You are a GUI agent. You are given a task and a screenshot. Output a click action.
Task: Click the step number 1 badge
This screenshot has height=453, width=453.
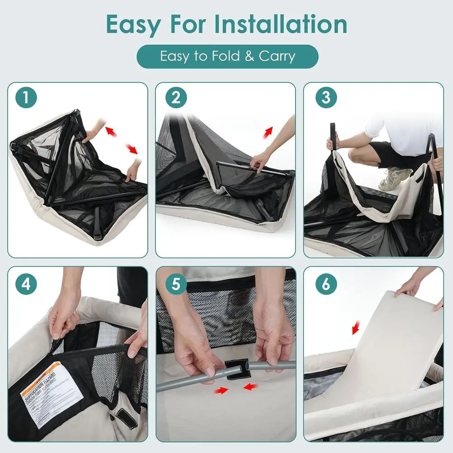27,99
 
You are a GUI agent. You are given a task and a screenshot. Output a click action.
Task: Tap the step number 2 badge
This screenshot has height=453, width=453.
176,99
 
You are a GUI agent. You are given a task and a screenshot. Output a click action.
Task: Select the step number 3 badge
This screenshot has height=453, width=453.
326,99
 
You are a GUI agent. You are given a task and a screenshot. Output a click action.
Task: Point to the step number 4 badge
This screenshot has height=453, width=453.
27,284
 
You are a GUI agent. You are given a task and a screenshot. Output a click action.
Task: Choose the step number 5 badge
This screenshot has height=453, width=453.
176,284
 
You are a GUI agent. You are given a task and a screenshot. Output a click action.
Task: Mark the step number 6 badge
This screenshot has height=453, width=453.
326,284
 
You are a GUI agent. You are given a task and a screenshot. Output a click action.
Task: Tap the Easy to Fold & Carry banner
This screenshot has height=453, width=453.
227,57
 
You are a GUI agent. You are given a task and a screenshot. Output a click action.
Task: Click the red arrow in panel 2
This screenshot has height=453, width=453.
269,131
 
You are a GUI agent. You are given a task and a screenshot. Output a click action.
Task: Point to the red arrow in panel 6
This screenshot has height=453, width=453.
357,328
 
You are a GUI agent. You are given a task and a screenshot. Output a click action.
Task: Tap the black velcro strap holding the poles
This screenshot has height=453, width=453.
236,369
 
